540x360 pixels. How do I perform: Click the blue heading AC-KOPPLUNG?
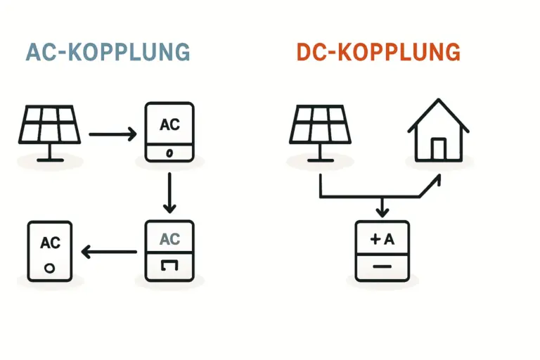coord(108,53)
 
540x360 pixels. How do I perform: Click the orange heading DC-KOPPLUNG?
coord(378,53)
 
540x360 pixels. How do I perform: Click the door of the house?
coord(438,148)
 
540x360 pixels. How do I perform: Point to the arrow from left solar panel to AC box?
coord(112,133)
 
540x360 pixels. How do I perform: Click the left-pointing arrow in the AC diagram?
coord(109,251)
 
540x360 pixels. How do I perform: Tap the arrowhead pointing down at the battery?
coord(381,210)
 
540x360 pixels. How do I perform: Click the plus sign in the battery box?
coord(375,239)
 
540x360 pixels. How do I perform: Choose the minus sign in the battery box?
coord(381,267)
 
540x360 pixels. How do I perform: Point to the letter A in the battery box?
coord(390,239)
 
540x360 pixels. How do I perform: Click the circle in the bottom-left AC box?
coord(49,268)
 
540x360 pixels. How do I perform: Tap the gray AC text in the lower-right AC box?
coord(169,239)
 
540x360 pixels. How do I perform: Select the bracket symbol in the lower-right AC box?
coord(169,264)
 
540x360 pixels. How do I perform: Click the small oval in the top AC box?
coord(169,153)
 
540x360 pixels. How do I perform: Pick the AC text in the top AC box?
coord(169,125)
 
